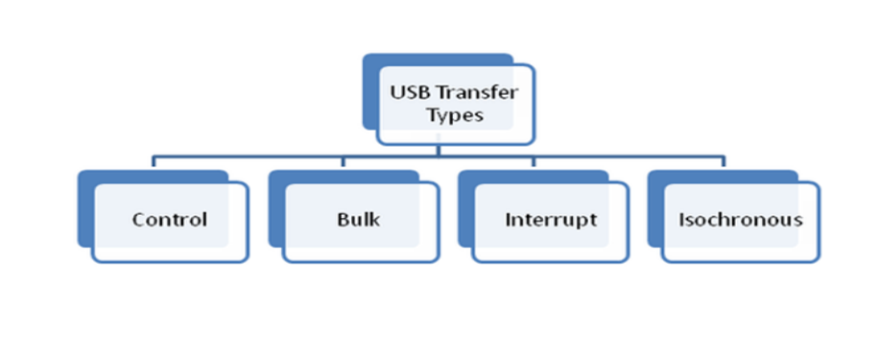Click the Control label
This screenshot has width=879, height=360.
point(170,219)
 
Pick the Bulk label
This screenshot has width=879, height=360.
point(358,219)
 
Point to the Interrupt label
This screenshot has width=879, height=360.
point(551,220)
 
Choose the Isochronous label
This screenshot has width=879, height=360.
point(741,219)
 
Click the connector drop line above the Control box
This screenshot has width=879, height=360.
point(153,161)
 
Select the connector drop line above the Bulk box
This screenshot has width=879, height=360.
point(344,161)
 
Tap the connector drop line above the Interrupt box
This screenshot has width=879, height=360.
point(534,161)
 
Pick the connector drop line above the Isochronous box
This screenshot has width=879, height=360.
point(724,161)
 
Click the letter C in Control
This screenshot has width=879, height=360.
point(138,220)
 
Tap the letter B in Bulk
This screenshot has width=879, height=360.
point(344,219)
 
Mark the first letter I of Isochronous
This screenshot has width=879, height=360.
point(681,219)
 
